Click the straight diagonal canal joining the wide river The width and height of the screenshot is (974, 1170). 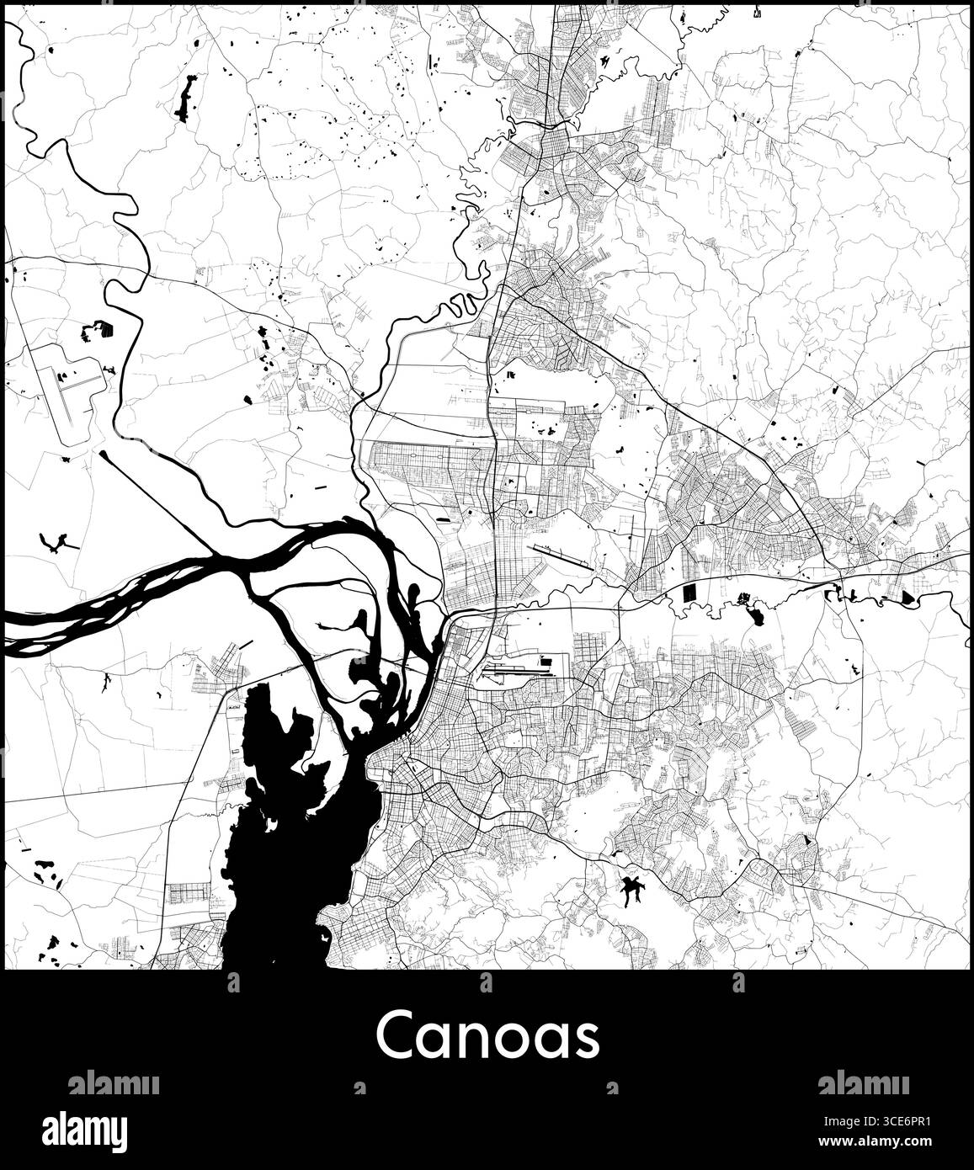(152, 488)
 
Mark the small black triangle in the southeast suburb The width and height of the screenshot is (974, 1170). (806, 840)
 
